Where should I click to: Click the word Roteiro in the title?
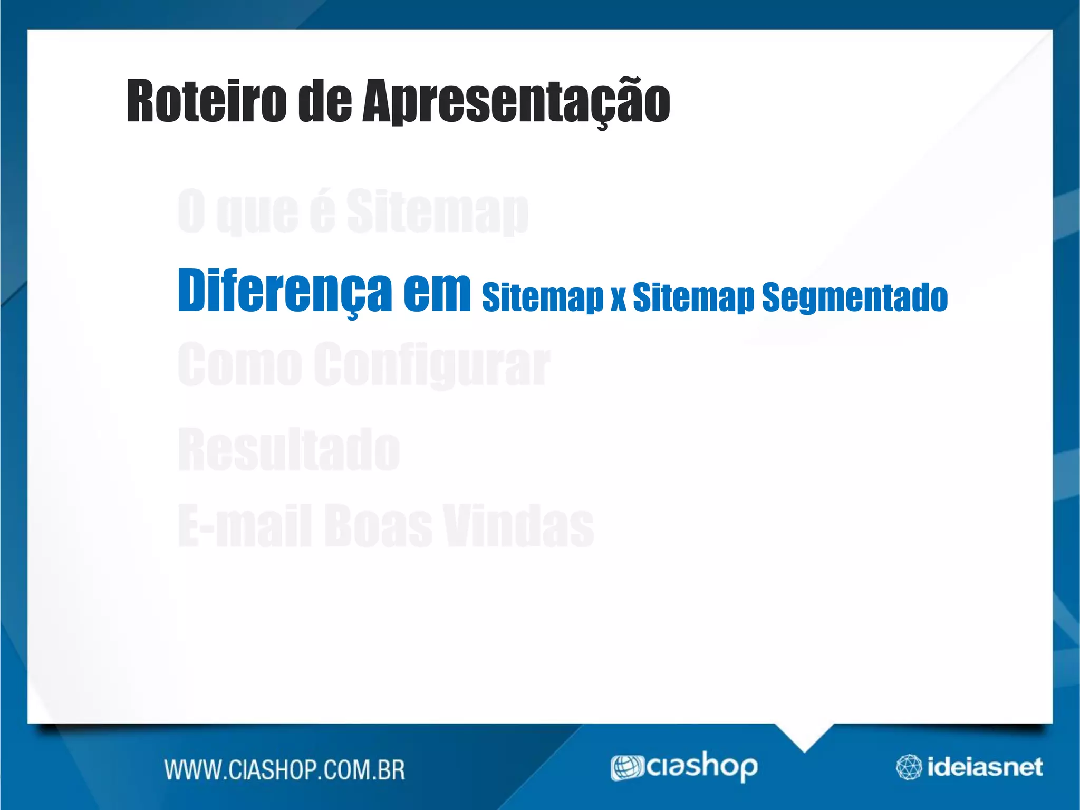(x=206, y=101)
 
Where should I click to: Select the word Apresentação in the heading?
(x=516, y=101)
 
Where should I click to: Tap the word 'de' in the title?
(x=324, y=101)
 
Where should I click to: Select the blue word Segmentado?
(x=854, y=297)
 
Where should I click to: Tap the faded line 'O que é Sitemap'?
(x=352, y=212)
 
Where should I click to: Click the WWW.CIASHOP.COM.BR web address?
(x=285, y=770)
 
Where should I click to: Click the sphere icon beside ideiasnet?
(x=909, y=767)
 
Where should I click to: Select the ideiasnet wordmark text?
(x=985, y=767)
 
